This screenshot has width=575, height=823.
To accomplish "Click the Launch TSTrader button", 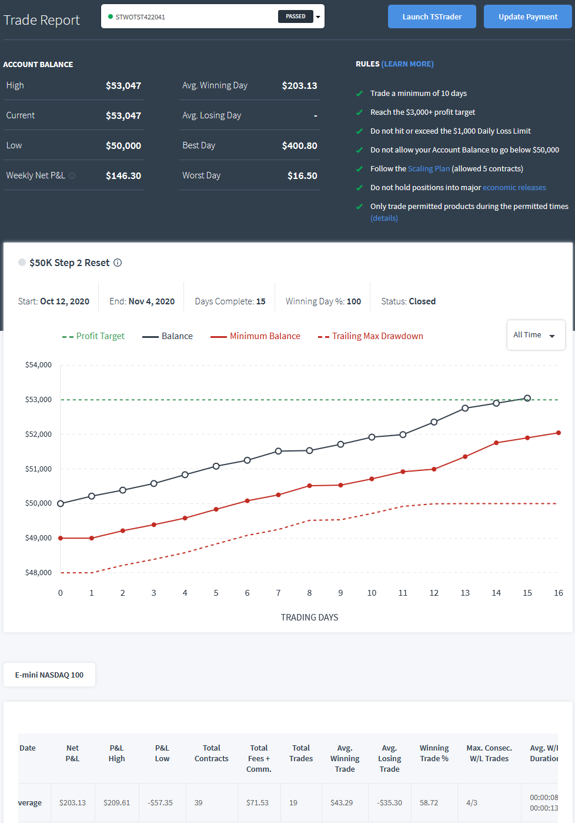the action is [x=432, y=16].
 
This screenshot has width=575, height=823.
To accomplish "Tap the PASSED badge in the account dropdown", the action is [x=295, y=16].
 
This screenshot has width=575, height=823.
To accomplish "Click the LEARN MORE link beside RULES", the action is [x=407, y=64].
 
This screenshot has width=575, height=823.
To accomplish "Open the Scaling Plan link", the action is [x=429, y=168].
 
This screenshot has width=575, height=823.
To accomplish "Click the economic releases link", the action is [x=514, y=187].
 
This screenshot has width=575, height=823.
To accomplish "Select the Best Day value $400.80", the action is [x=299, y=145].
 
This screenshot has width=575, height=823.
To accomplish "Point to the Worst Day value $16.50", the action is [x=302, y=175].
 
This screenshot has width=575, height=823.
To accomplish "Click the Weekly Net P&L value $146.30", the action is [x=123, y=175].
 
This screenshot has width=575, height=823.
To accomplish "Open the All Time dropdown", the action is [x=536, y=335].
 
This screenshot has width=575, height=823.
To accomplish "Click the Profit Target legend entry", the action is [x=93, y=336].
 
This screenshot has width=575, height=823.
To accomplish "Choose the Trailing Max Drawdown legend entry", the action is [x=370, y=336].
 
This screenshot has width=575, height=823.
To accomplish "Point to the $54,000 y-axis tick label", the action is [x=38, y=365].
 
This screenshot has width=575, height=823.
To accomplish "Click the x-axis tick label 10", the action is [x=372, y=593].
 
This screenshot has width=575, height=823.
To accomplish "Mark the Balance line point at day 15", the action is [x=527, y=399].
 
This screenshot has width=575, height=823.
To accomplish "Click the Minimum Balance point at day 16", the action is [x=559, y=433].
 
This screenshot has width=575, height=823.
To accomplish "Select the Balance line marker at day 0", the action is [x=61, y=503].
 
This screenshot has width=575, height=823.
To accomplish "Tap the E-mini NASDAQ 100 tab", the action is [x=49, y=675].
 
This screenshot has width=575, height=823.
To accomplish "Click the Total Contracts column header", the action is [x=211, y=753].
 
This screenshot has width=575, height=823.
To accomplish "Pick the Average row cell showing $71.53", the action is [x=258, y=802].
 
